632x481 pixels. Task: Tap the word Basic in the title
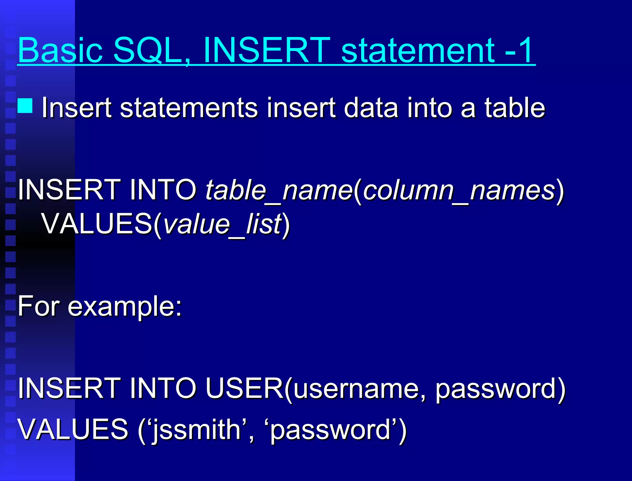click(x=60, y=50)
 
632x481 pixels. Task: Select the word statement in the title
click(x=418, y=50)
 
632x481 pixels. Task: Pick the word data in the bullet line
click(x=371, y=108)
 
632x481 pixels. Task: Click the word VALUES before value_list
click(x=97, y=224)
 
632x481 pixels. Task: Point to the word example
click(x=125, y=306)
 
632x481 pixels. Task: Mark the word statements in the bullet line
click(x=189, y=108)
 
